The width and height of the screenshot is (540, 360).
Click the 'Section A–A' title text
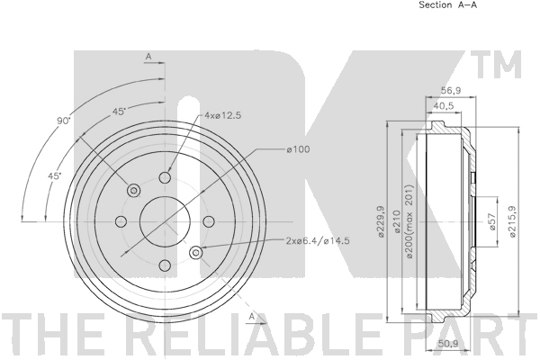(x=447, y=4)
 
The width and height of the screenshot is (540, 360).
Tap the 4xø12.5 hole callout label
(x=223, y=115)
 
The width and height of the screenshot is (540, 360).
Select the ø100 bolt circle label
(x=298, y=149)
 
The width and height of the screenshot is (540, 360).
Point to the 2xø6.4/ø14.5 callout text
(x=318, y=240)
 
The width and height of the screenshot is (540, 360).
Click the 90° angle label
(x=63, y=121)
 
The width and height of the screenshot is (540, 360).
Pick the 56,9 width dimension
(x=451, y=90)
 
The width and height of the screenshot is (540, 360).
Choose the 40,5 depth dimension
(x=443, y=106)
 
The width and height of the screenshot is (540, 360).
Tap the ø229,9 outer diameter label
(x=381, y=221)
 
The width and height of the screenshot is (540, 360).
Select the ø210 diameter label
(x=396, y=221)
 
